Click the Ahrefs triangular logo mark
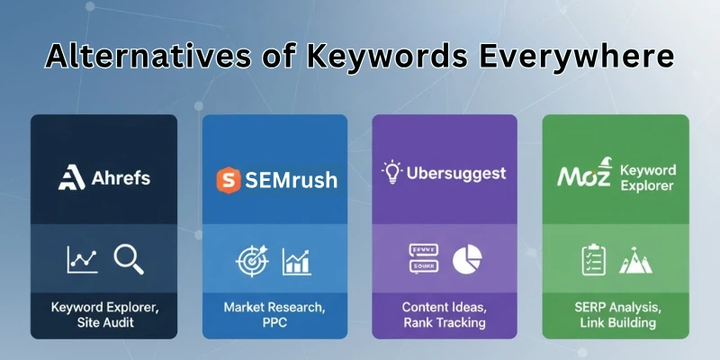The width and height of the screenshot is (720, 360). tap(70, 177)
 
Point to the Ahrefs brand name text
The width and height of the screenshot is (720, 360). tap(120, 178)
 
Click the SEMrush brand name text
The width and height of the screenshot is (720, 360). tap(290, 180)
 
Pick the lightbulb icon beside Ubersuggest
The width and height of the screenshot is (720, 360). tap(392, 172)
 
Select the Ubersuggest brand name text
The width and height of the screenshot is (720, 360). tap(455, 173)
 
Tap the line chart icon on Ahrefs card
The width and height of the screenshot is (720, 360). tap(83, 260)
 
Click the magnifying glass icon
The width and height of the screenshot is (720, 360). tap(128, 259)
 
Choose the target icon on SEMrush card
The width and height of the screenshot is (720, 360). tap(251, 260)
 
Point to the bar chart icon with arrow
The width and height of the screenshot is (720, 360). tap(297, 261)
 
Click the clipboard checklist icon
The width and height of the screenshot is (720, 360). tap(593, 260)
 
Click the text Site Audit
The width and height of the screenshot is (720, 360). tap(104, 323)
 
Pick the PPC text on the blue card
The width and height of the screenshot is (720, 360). tap(274, 323)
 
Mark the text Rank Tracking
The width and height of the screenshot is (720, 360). tap(444, 323)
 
